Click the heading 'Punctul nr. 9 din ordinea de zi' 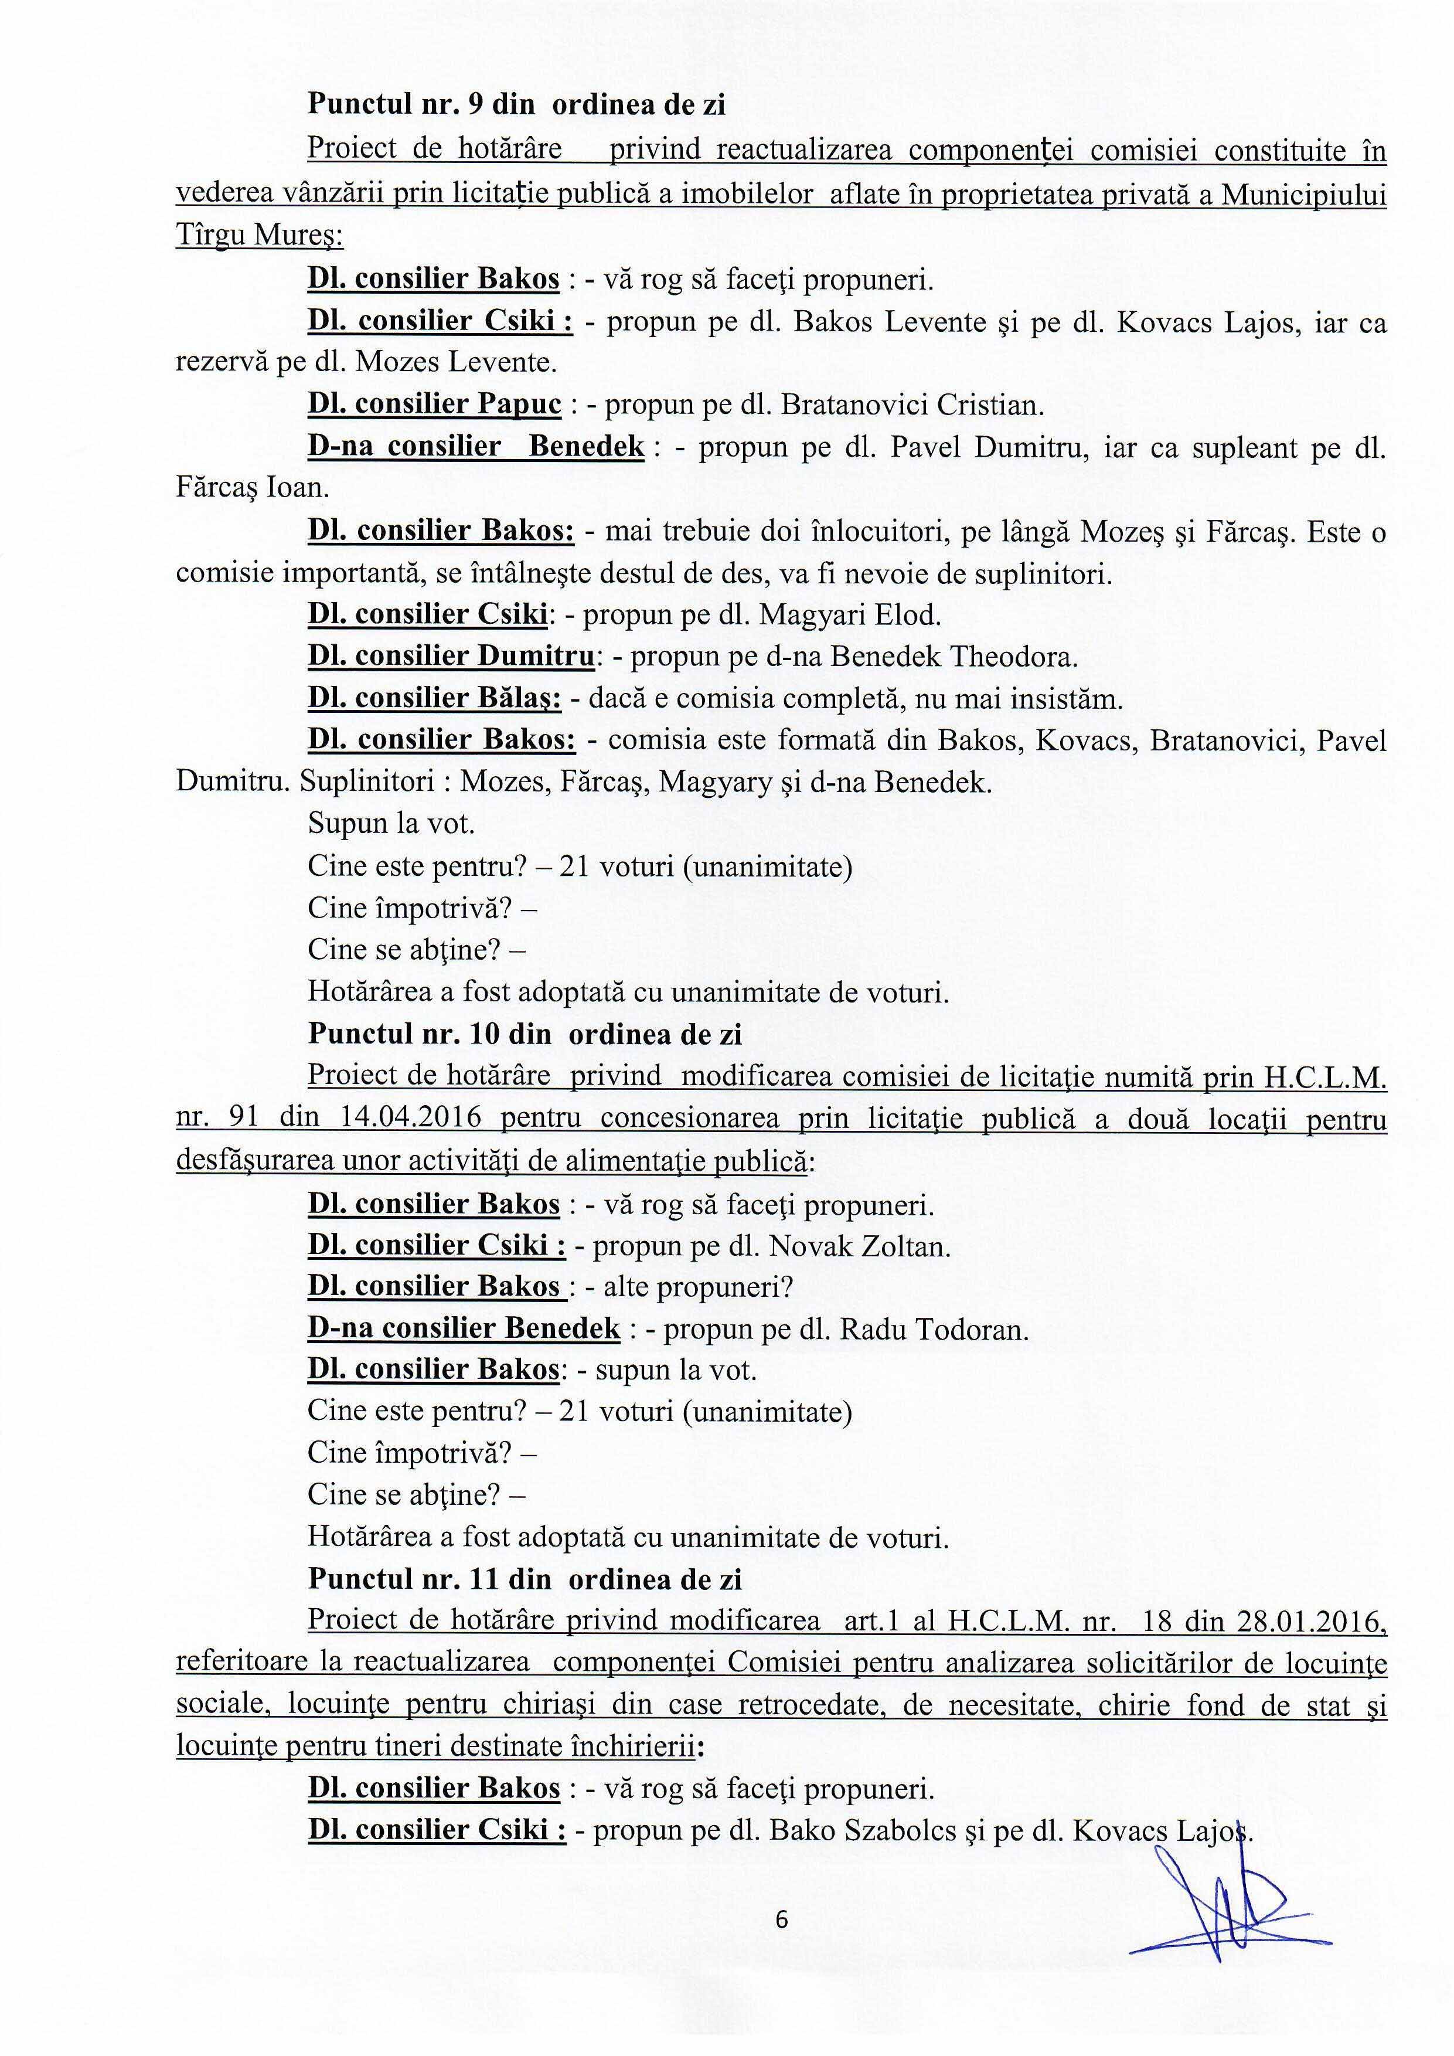pos(516,105)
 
